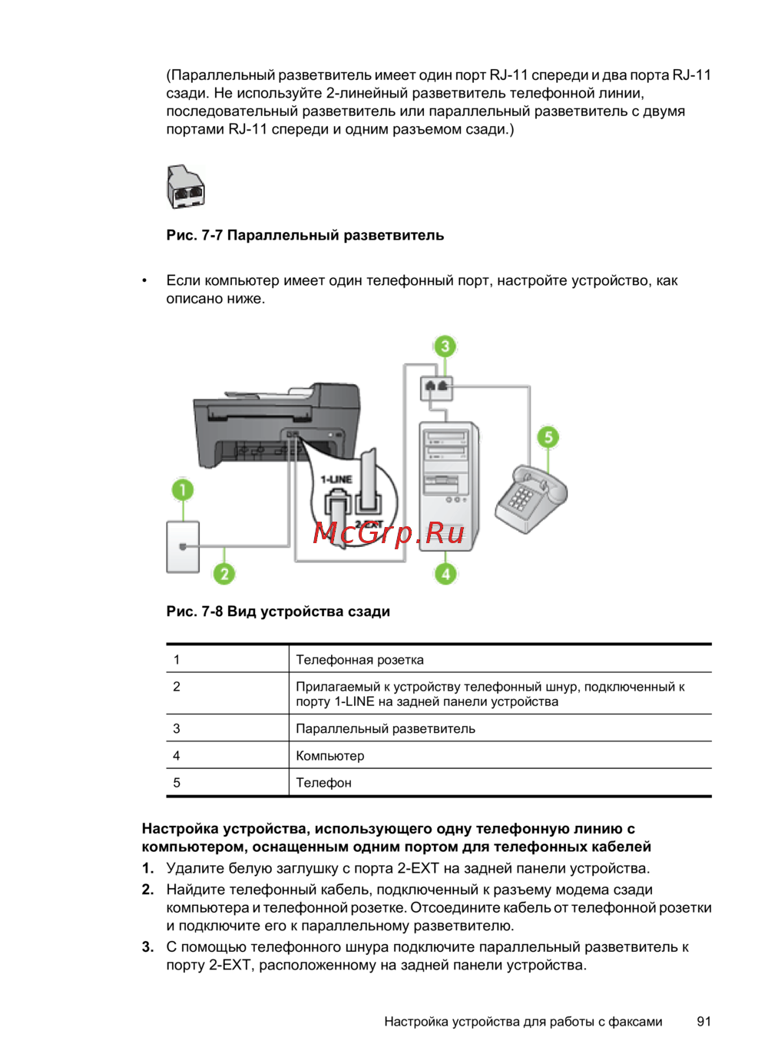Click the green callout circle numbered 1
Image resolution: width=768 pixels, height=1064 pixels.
click(183, 489)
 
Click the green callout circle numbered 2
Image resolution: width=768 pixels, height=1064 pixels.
click(223, 573)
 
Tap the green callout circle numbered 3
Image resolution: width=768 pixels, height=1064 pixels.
click(445, 346)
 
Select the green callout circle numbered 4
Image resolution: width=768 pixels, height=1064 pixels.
click(445, 573)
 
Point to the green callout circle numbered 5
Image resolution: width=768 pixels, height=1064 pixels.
click(548, 437)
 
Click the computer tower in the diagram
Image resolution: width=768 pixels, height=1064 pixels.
click(448, 484)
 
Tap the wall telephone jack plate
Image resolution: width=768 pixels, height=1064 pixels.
click(183, 546)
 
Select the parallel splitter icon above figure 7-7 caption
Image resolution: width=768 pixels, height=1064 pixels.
click(186, 187)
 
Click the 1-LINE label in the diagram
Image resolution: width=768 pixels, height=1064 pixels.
click(336, 479)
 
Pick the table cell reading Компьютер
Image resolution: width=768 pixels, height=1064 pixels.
click(330, 755)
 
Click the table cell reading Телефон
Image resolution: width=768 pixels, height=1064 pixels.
click(323, 782)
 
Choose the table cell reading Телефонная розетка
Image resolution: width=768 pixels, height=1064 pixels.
click(359, 659)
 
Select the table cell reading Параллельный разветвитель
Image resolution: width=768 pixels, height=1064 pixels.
click(386, 728)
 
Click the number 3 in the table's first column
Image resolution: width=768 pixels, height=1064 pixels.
click(177, 728)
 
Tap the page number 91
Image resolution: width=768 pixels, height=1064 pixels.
click(703, 1021)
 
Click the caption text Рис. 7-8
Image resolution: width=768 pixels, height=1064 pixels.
click(194, 612)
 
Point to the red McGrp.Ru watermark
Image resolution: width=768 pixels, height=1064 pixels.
click(389, 532)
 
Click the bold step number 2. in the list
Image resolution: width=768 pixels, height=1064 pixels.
click(148, 890)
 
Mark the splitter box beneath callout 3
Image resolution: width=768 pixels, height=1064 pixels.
click(436, 388)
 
